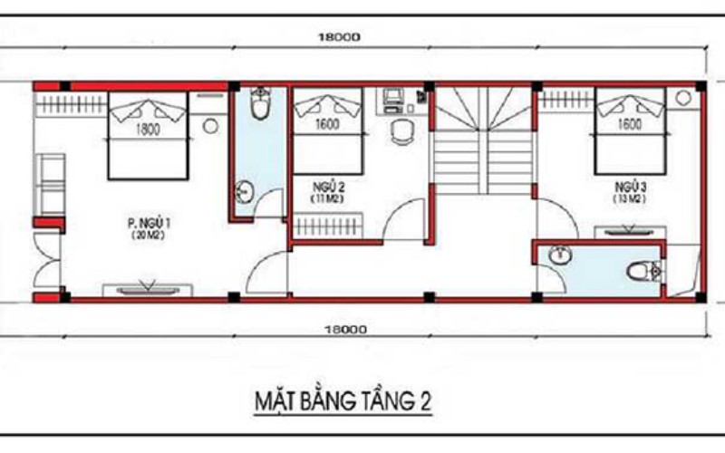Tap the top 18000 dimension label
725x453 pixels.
[x=340, y=37]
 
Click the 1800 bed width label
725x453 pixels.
[x=148, y=130]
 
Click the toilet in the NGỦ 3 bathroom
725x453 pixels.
[x=643, y=269]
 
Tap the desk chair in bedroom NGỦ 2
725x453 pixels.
[x=401, y=132]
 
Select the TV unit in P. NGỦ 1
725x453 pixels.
[x=146, y=288]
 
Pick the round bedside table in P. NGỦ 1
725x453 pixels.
[x=210, y=127]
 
